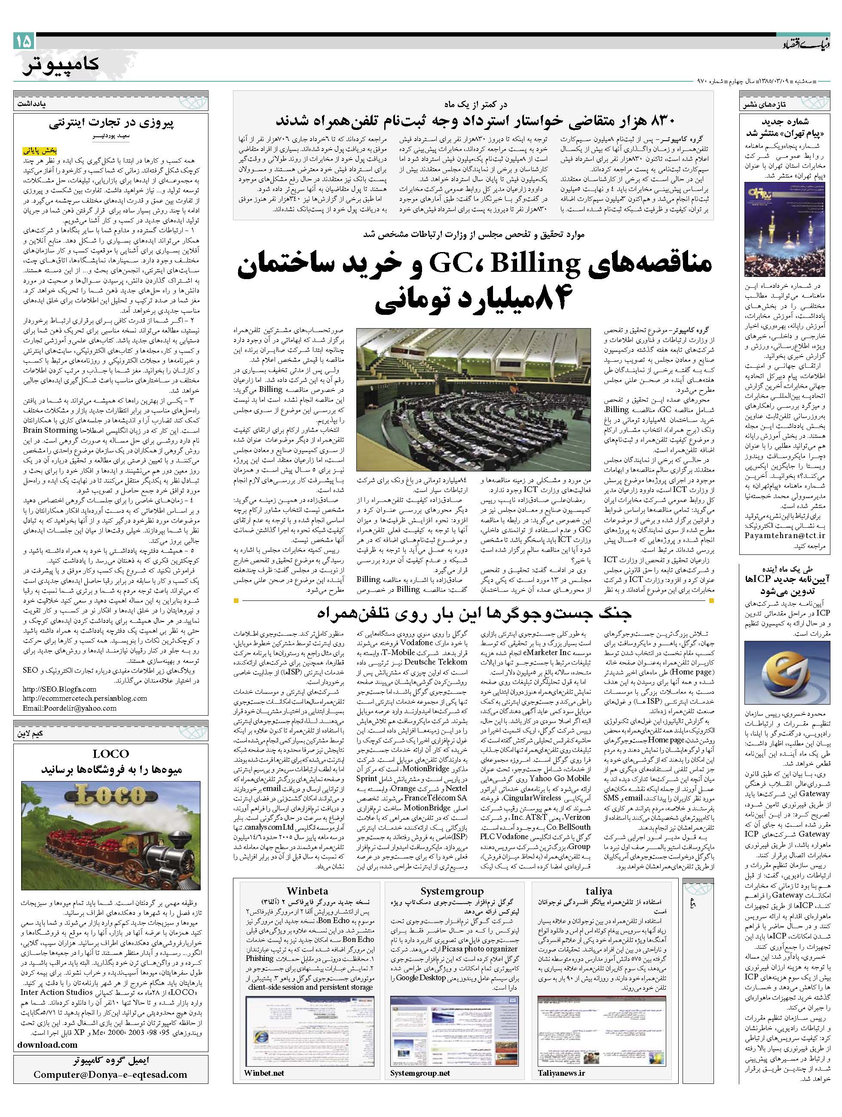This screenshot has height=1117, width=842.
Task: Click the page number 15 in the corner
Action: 24,41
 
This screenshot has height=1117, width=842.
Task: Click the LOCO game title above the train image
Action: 111,754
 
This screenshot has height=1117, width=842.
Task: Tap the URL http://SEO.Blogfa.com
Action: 60,689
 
